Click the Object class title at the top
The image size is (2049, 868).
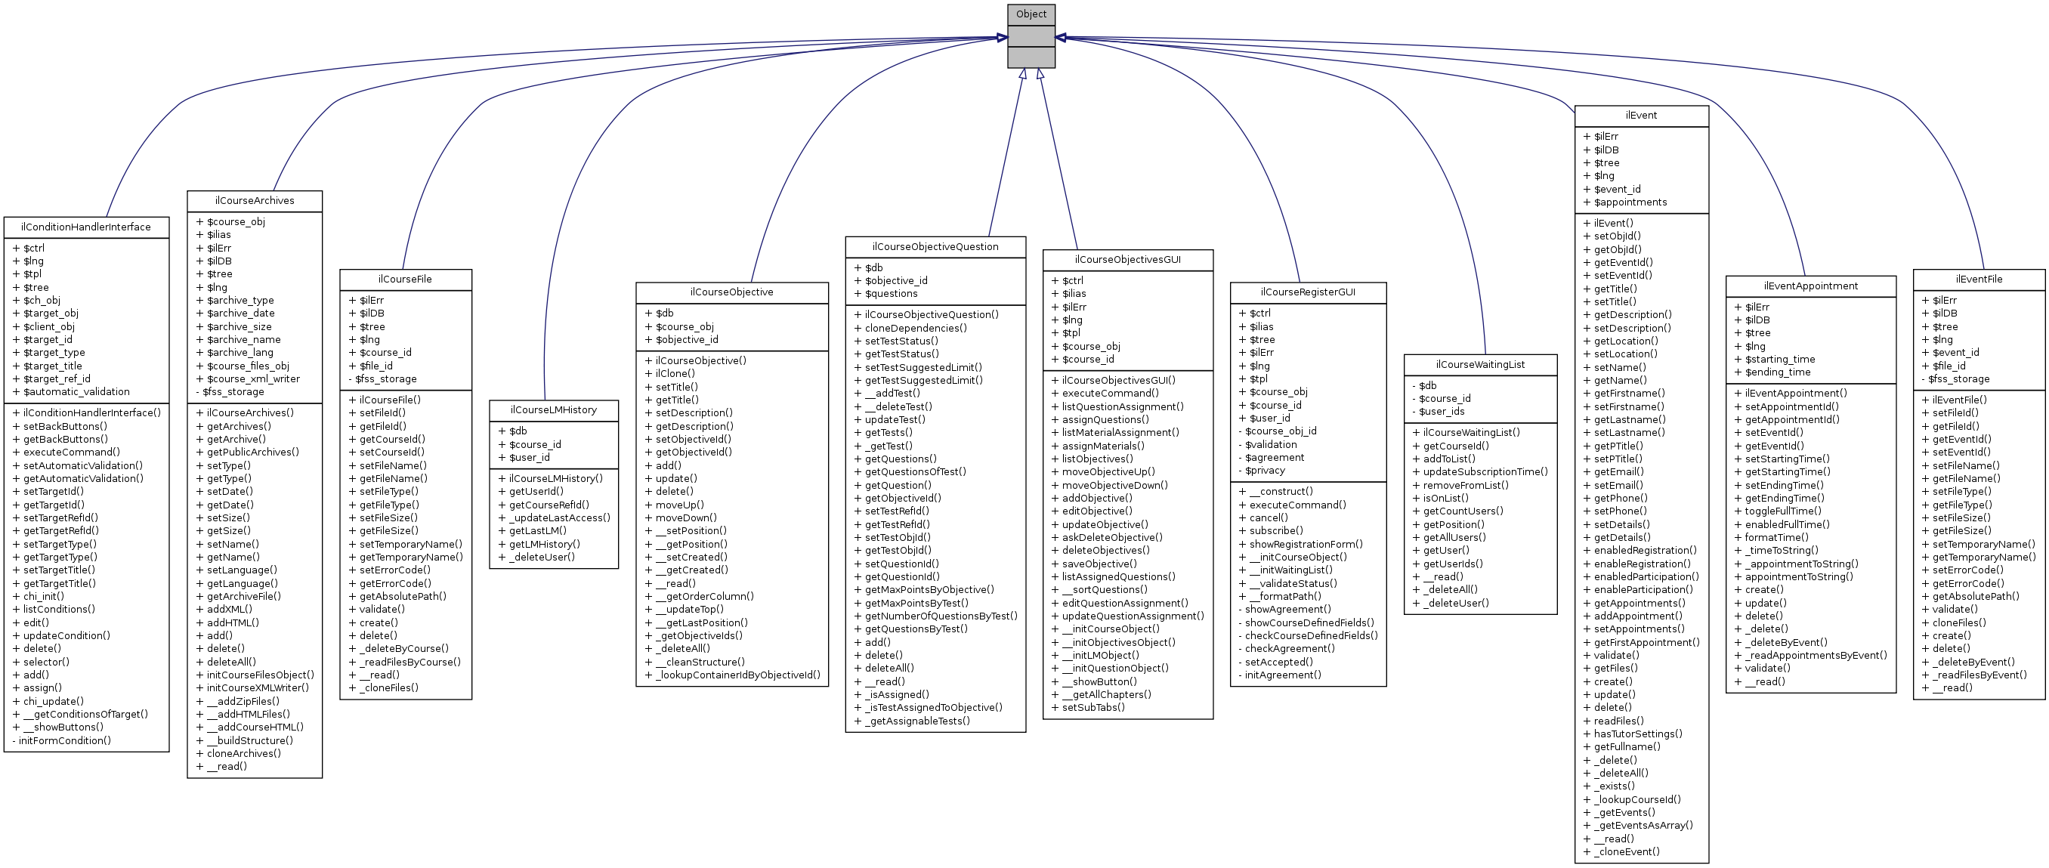tap(1031, 14)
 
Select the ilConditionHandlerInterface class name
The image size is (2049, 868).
tap(86, 227)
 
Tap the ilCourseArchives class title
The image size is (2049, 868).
tap(255, 200)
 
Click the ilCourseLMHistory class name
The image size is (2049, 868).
tap(554, 409)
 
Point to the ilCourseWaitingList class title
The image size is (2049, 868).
tap(1480, 364)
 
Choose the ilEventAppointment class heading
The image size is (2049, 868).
tap(1810, 286)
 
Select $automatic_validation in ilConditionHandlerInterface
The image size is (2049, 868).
tap(76, 391)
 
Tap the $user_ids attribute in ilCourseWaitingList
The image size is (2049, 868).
tap(1442, 411)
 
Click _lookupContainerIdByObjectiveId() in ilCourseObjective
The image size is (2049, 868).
tap(737, 675)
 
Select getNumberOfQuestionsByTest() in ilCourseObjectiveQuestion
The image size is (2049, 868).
tap(940, 616)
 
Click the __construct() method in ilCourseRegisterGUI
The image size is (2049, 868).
tap(1281, 491)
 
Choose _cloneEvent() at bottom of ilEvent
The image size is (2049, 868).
tap(1627, 851)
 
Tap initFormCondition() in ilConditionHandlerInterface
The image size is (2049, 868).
tap(64, 740)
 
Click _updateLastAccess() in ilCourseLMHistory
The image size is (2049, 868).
tap(559, 517)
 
